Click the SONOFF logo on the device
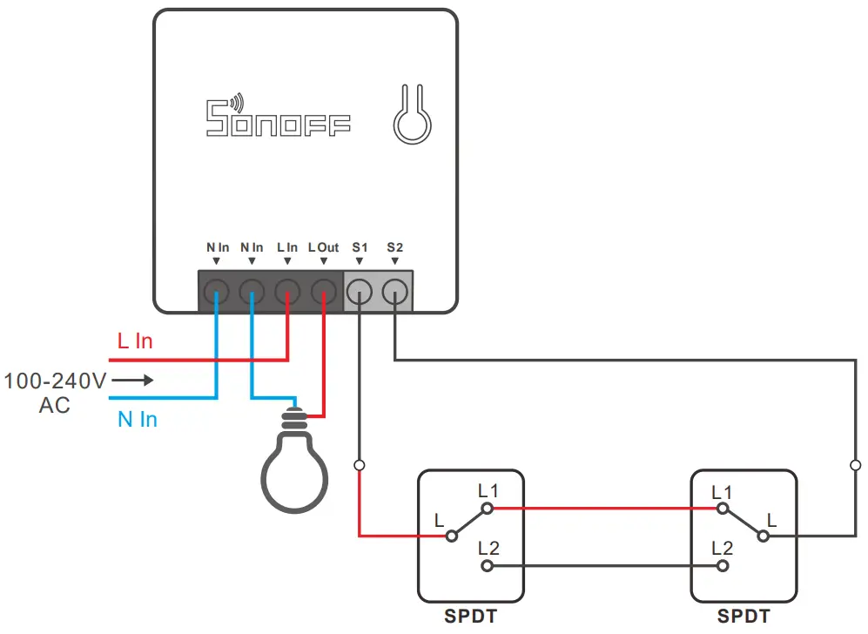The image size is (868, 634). (x=278, y=118)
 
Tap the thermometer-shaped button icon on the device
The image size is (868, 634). (x=411, y=115)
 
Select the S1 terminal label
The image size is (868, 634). (x=360, y=248)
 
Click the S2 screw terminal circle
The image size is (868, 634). (x=395, y=290)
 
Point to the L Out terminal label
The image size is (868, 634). (x=323, y=248)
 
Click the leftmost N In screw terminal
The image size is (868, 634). (x=216, y=290)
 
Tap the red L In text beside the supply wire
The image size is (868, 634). (x=135, y=341)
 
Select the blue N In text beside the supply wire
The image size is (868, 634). (x=138, y=420)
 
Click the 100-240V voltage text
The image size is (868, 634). (x=55, y=381)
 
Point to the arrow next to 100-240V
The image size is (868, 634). (x=131, y=381)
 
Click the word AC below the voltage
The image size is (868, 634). (x=55, y=406)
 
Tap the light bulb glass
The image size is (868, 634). (x=295, y=474)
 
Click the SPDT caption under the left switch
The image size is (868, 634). (x=470, y=617)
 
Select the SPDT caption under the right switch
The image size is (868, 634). (x=743, y=617)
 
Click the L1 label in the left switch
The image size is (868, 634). (x=488, y=491)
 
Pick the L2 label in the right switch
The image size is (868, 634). (x=722, y=549)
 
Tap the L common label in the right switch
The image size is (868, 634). (x=771, y=521)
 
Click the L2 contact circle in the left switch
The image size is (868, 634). (x=488, y=566)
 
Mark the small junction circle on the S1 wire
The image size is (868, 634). (x=360, y=466)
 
